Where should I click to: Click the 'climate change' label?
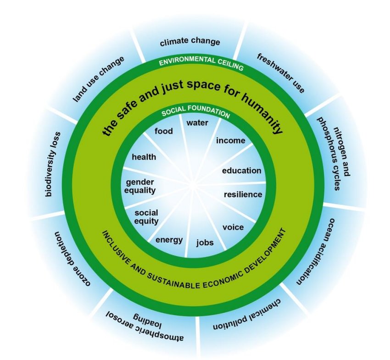pyautogui.click(x=189, y=43)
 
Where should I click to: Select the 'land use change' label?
pyautogui.click(x=99, y=79)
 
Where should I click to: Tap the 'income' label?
pyautogui.click(x=230, y=140)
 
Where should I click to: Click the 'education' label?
pyautogui.click(x=241, y=171)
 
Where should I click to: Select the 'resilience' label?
pyautogui.click(x=243, y=194)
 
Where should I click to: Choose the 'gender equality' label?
pyautogui.click(x=140, y=186)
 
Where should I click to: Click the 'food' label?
pyautogui.click(x=164, y=131)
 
